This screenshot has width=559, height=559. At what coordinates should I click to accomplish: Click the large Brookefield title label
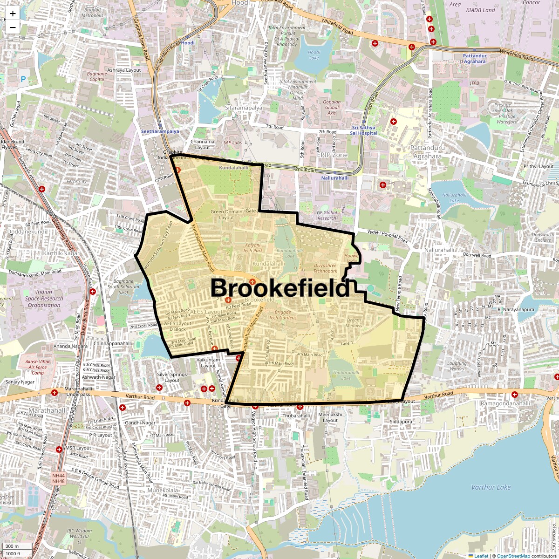[x=280, y=288]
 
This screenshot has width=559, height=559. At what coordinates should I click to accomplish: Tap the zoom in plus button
[x=13, y=14]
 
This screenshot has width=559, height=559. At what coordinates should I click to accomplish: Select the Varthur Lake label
[x=491, y=487]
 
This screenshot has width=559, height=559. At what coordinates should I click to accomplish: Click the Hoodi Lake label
[x=314, y=55]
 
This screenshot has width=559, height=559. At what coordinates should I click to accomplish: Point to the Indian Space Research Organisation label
[x=44, y=299]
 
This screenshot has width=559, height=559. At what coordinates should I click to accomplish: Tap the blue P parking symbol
[x=23, y=80]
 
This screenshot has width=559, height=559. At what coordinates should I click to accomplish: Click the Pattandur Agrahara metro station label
[x=474, y=59]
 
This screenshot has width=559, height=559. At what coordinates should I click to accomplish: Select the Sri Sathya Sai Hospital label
[x=365, y=130]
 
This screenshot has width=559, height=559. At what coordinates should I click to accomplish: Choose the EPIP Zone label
[x=332, y=155]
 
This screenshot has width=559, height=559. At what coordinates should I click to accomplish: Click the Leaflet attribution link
[x=481, y=556]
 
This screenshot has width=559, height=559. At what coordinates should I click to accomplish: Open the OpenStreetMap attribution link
[x=513, y=556]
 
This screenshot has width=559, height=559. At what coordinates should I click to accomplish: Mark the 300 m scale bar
[x=17, y=546]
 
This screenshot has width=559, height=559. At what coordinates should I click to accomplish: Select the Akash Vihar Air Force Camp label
[x=38, y=367]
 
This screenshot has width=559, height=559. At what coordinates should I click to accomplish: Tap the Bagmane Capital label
[x=96, y=76]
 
